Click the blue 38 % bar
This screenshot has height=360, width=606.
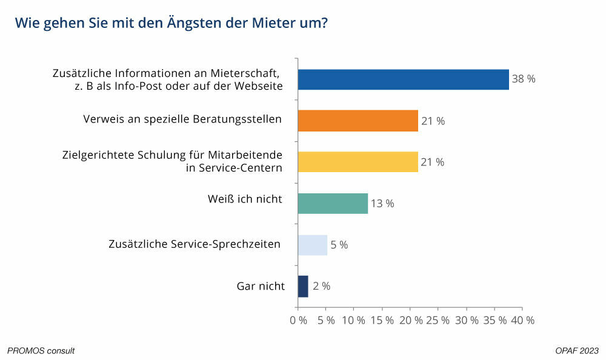[x=403, y=80]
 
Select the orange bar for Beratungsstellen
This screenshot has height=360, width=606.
[x=358, y=121]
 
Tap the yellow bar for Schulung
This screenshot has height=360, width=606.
[x=358, y=162]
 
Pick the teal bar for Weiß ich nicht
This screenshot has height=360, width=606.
[x=333, y=203]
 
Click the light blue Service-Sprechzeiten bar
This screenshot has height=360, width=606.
[x=312, y=245]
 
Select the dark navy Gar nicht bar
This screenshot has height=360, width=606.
[x=303, y=286]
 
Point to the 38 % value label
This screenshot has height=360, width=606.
[x=524, y=79]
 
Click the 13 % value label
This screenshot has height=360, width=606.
[x=382, y=204]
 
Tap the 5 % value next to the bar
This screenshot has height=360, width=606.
[x=339, y=245]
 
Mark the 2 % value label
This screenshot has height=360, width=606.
[x=322, y=286]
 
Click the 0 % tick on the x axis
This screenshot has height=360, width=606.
[x=299, y=320]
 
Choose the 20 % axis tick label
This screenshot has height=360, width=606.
[x=411, y=320]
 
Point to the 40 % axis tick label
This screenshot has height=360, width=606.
[x=523, y=320]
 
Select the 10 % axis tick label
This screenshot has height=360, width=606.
[x=355, y=320]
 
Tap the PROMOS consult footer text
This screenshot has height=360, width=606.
[x=41, y=351]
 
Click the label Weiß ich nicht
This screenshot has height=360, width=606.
[x=245, y=199]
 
